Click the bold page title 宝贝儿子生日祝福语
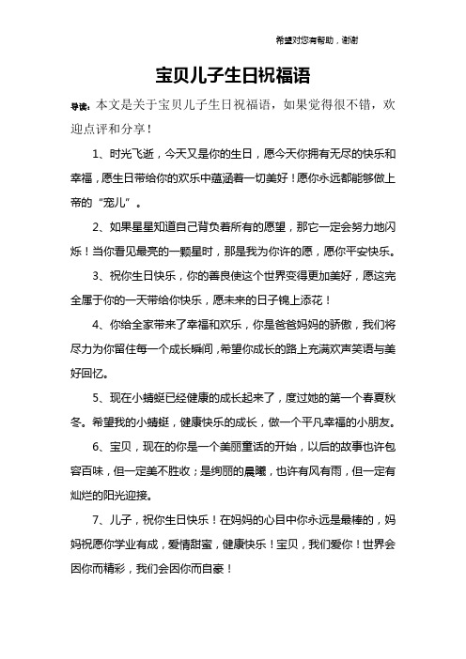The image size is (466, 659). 232,73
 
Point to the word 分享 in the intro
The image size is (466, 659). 128,127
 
